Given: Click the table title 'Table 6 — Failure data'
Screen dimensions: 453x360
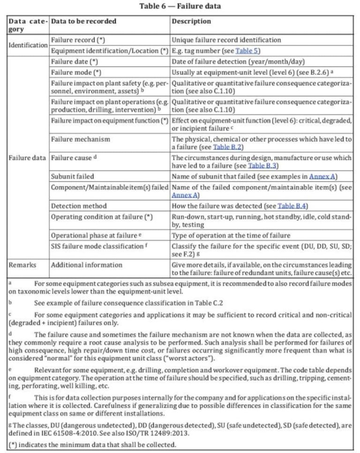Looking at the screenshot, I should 180,6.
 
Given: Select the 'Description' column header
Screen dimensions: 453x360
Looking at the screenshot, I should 191,22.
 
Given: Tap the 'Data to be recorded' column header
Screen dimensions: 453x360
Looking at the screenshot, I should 83,22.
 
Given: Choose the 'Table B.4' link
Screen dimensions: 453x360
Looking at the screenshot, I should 292,206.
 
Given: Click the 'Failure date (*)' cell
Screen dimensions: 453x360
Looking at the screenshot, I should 74,61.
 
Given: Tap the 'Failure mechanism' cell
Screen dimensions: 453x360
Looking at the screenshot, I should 80,139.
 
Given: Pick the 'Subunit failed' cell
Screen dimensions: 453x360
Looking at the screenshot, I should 72,176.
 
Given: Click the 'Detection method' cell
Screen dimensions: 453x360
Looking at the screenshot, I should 78,206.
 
